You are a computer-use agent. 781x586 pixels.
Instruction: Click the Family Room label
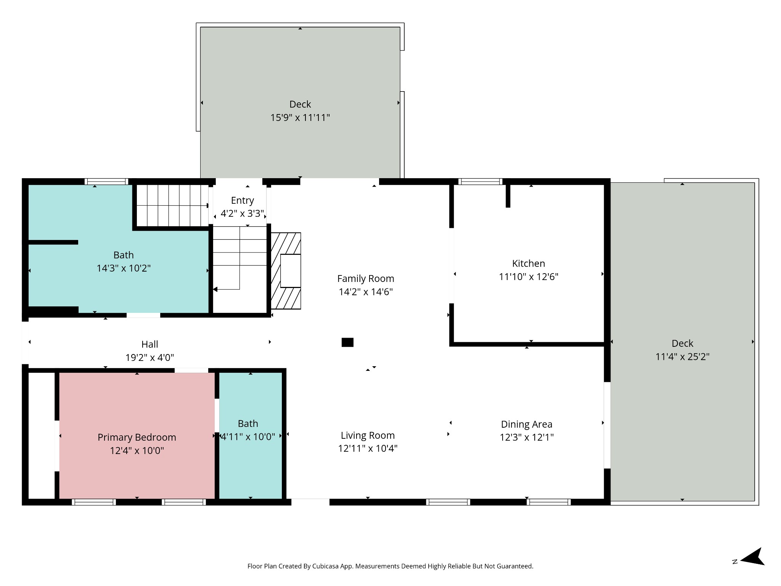pos(366,279)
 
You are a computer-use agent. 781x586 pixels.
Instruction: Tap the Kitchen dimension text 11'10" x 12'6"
pos(529,277)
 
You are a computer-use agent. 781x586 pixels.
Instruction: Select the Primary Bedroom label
pos(137,437)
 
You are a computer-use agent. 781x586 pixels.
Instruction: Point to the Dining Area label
pos(527,424)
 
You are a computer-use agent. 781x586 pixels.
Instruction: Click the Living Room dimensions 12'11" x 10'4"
pos(368,448)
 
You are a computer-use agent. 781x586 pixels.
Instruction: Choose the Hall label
pos(149,344)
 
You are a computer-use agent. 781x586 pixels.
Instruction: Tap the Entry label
pos(243,200)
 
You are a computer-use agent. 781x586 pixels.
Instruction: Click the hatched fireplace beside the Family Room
pos(286,271)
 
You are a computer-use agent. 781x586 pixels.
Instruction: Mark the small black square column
pos(347,342)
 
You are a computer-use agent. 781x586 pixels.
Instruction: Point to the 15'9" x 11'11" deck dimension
pos(300,118)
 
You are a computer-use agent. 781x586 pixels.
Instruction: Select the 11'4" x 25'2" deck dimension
pos(682,357)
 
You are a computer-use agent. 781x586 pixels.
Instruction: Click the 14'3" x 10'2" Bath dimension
pos(124,268)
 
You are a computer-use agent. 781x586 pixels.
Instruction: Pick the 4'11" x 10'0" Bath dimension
pos(248,437)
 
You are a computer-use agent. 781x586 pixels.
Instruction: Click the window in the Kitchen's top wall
pos(480,182)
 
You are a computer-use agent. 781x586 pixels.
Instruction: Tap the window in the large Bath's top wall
pos(106,182)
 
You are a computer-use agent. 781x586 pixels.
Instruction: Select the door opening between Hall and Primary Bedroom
pos(191,370)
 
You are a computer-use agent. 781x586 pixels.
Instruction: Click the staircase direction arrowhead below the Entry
pos(215,290)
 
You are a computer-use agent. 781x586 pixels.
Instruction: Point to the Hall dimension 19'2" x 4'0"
pos(149,357)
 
